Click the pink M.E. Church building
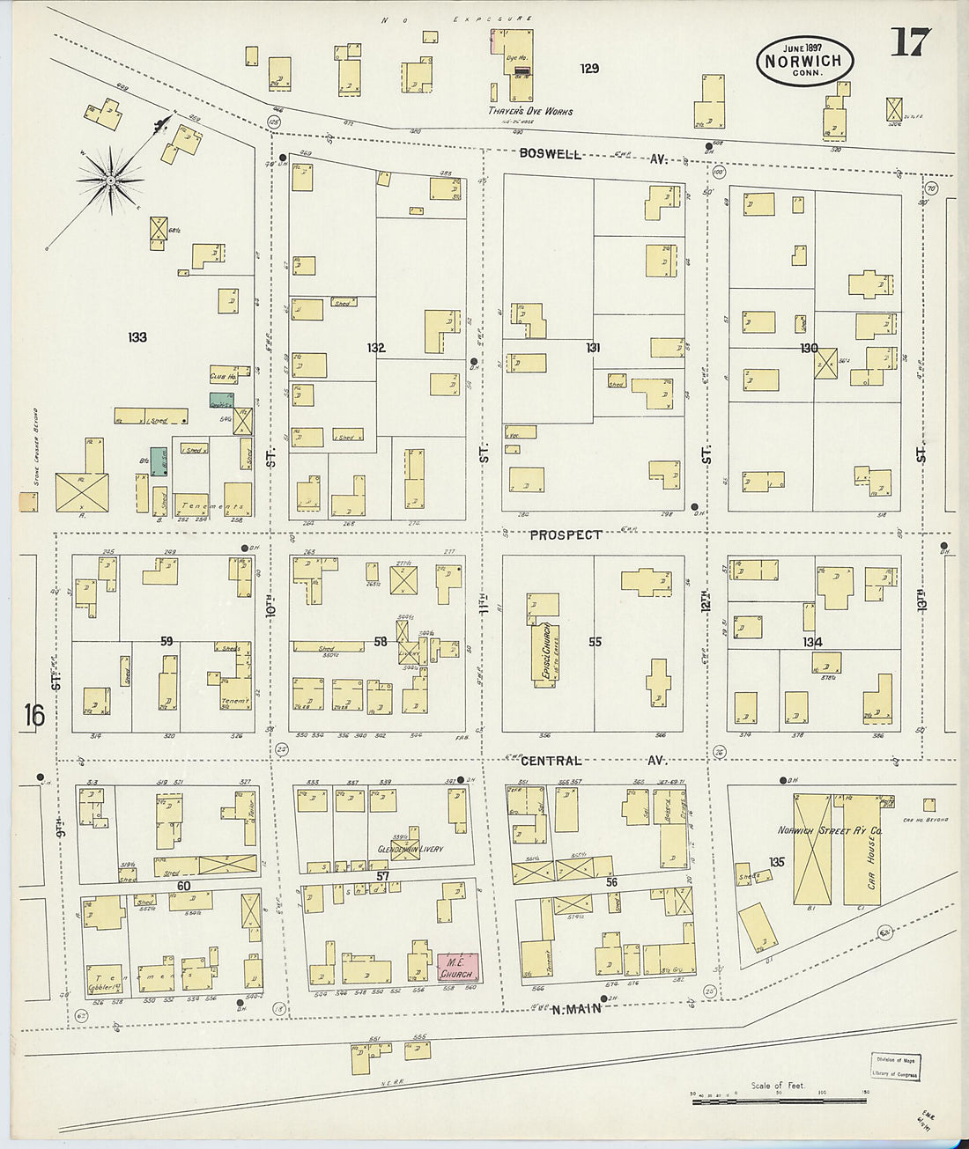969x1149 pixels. point(458,969)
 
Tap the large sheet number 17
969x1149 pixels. point(910,41)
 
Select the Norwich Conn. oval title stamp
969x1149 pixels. point(803,61)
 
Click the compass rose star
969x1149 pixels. point(110,180)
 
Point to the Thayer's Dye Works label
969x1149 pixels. point(530,112)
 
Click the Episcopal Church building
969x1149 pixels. point(542,652)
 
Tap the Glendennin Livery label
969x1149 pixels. point(411,850)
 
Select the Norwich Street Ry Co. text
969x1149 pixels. point(830,830)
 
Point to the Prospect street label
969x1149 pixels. point(566,534)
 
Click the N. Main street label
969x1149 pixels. point(575,1009)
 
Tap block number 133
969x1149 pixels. point(137,337)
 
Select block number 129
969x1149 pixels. point(589,68)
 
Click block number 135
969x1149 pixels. point(776,862)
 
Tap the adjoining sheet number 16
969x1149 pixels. point(33,715)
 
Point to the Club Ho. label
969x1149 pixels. point(223,376)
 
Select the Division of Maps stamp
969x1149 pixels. point(895,1066)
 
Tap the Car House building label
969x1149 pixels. point(871,867)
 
